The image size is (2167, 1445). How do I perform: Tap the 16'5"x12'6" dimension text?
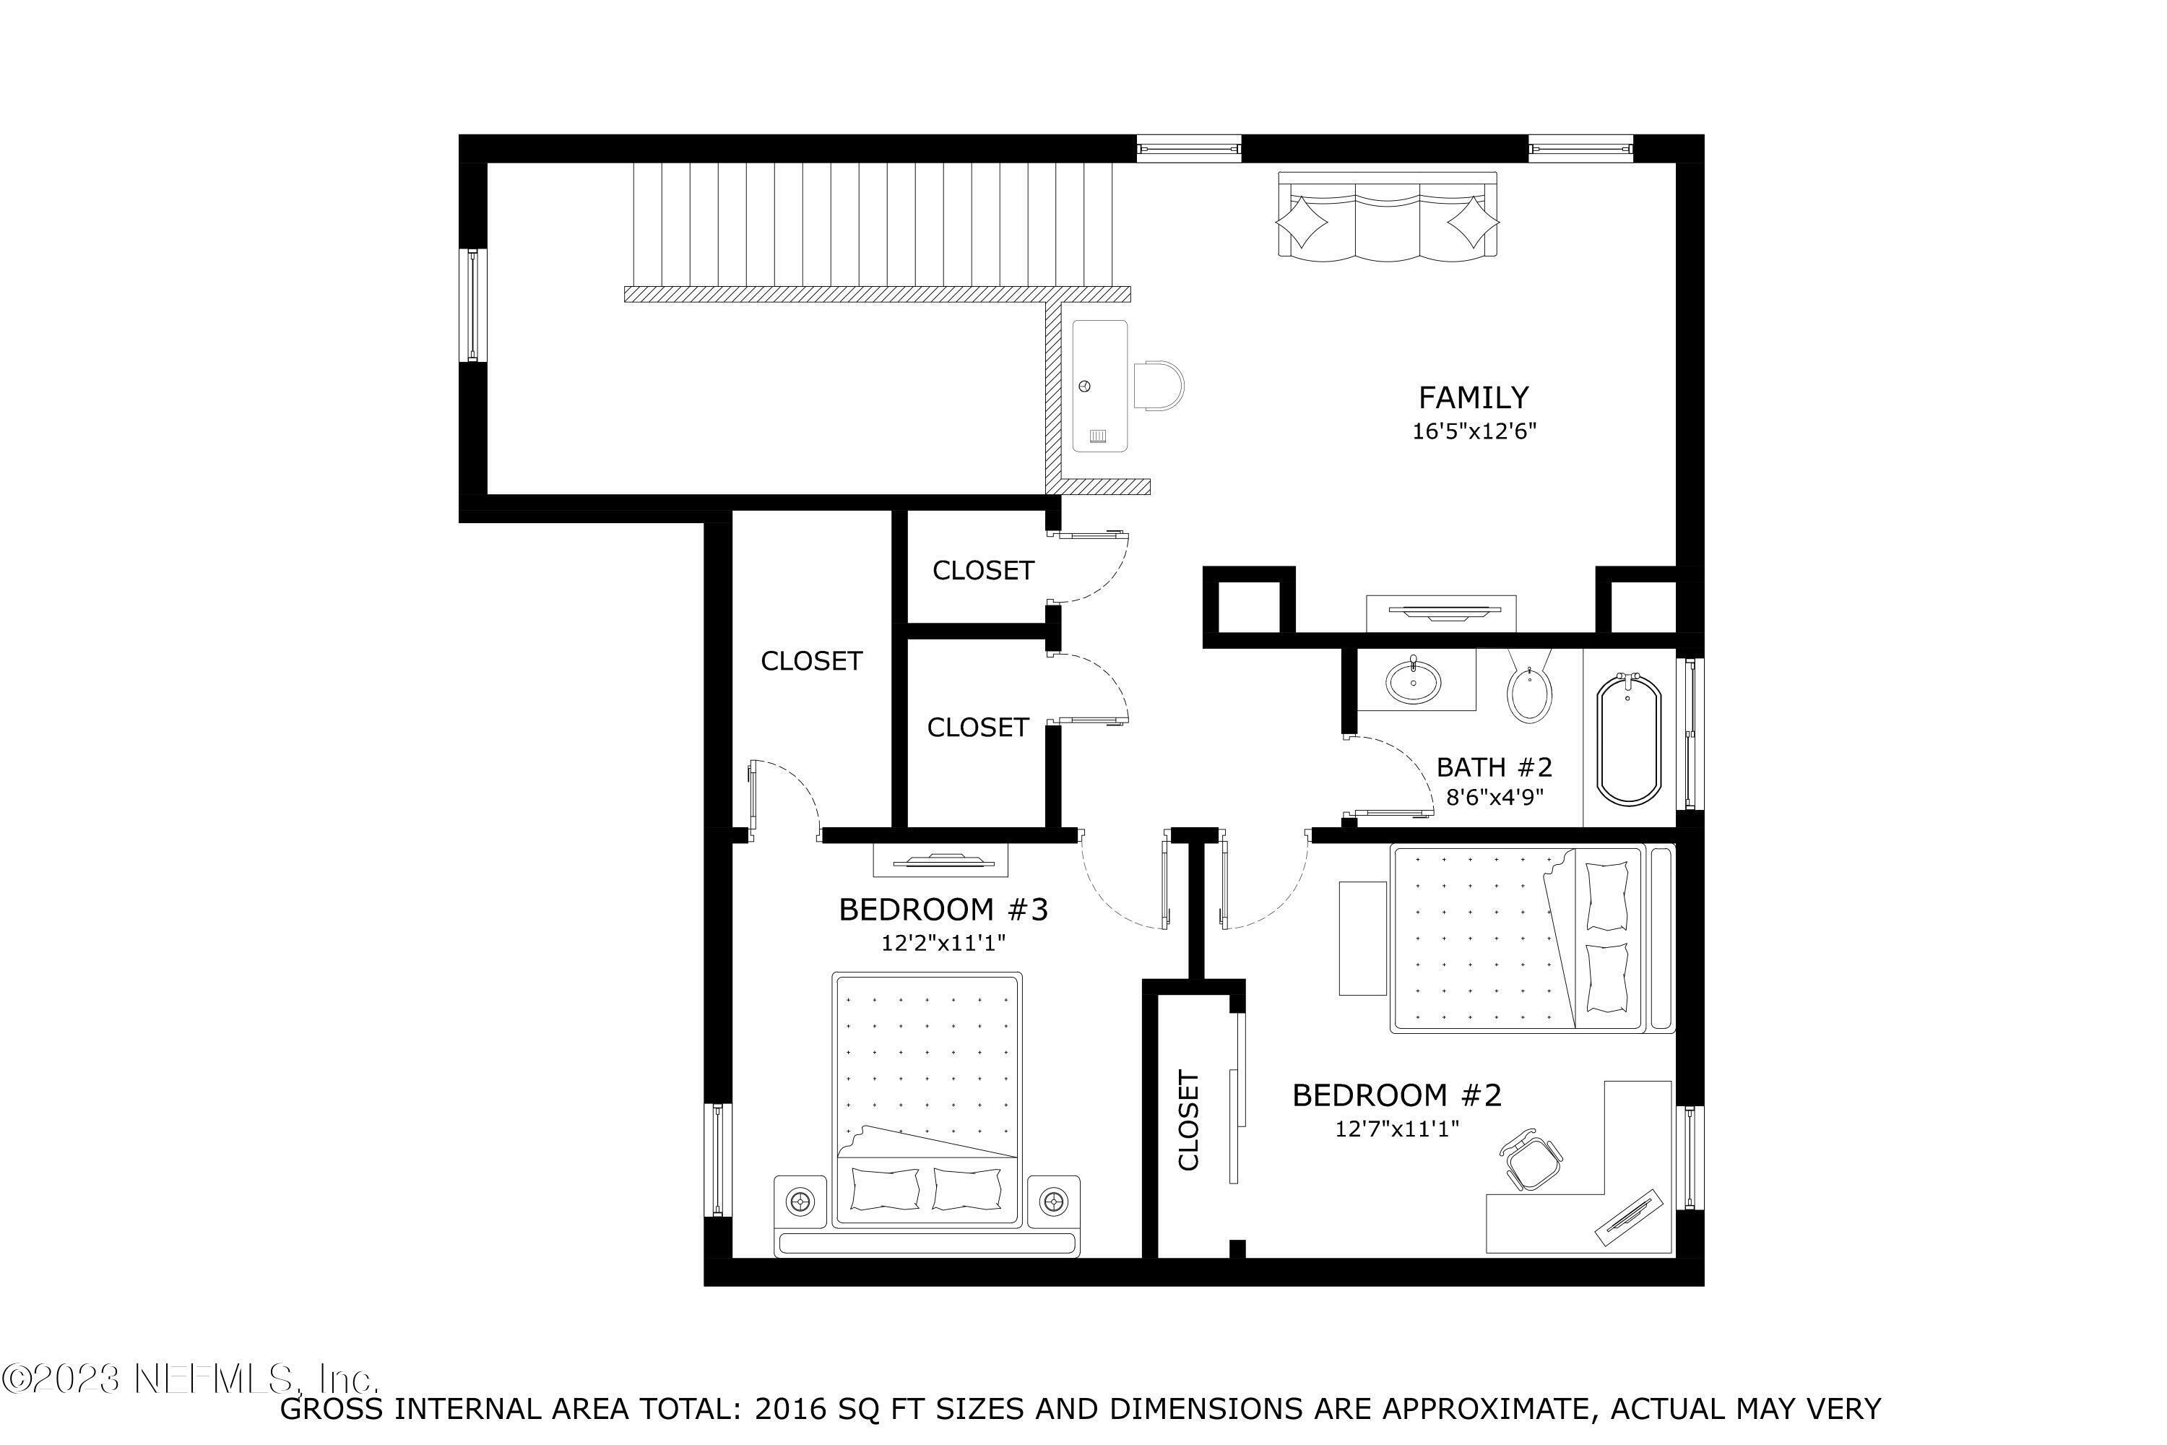click(x=1474, y=431)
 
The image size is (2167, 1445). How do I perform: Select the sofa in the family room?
click(x=1387, y=215)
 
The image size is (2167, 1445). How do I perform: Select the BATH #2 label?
click(x=1495, y=767)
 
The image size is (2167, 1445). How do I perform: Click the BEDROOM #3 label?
click(x=943, y=910)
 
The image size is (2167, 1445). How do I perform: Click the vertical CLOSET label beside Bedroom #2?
click(x=1188, y=1121)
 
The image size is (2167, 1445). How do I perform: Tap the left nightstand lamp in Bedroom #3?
click(x=799, y=1201)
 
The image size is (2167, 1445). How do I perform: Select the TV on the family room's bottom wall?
click(x=1440, y=612)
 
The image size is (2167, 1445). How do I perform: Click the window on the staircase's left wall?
click(x=472, y=305)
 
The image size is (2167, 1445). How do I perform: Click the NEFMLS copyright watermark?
click(x=189, y=1379)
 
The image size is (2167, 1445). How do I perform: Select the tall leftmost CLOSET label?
click(x=810, y=661)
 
